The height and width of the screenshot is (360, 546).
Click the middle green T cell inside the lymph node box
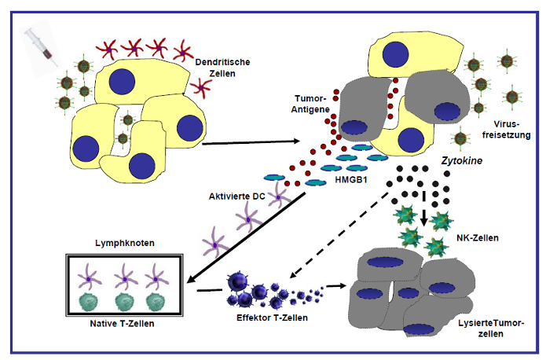pyautogui.click(x=125, y=303)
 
